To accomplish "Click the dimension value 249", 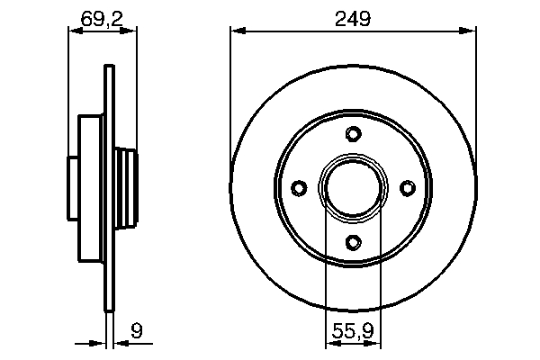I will [353, 17].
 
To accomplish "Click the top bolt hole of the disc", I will [353, 135].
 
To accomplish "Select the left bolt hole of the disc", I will [300, 187].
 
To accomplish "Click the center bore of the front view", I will [353, 187].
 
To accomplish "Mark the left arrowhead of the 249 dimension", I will [237, 31].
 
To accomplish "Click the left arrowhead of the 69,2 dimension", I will [74, 31].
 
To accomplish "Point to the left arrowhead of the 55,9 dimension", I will [329, 344].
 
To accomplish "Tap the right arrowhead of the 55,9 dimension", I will [376, 344].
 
